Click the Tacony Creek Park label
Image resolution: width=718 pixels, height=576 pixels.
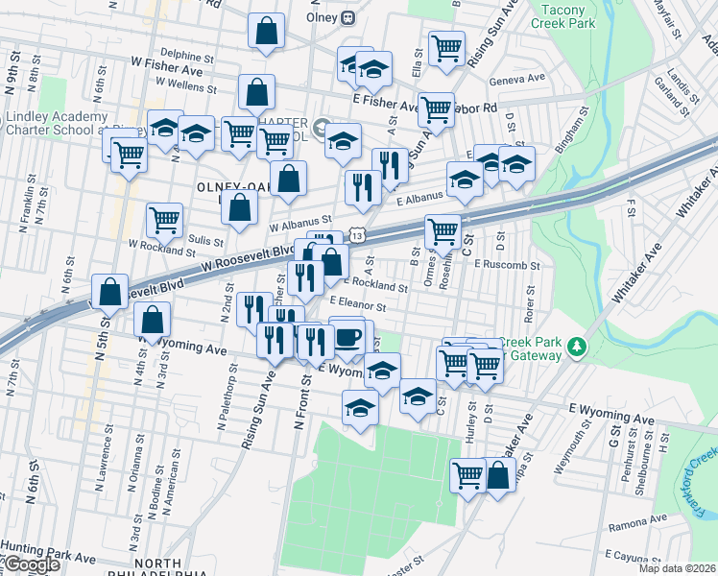(x=568, y=15)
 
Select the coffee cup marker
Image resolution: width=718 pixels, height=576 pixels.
(x=347, y=336)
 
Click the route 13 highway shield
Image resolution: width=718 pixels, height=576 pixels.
(x=357, y=234)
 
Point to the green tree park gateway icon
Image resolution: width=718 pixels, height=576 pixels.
(x=576, y=346)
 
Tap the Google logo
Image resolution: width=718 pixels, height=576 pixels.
(x=31, y=564)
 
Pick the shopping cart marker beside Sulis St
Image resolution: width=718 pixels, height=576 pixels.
(x=164, y=220)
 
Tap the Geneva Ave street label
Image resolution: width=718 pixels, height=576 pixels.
(x=516, y=78)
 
